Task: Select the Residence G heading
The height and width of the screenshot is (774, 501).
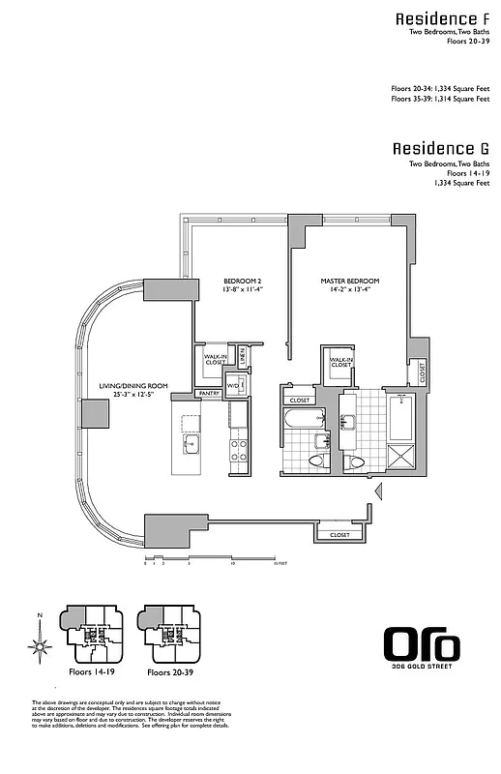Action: pos(440,149)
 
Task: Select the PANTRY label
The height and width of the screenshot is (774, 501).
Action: pos(208,395)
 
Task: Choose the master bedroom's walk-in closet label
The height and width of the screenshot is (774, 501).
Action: pos(340,362)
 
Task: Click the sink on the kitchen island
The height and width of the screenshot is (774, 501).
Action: pos(191,444)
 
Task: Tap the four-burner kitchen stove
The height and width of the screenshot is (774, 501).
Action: pos(237,449)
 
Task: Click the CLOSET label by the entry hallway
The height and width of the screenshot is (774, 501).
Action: pos(339,534)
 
